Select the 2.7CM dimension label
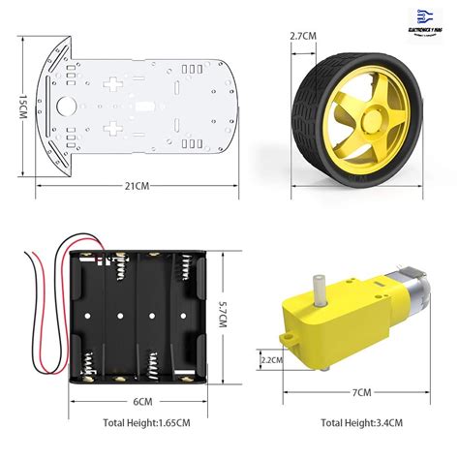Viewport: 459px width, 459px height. click(x=303, y=36)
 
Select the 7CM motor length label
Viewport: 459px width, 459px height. click(x=361, y=392)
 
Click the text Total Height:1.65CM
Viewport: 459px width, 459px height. click(x=144, y=423)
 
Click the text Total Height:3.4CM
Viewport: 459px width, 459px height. click(x=361, y=423)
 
